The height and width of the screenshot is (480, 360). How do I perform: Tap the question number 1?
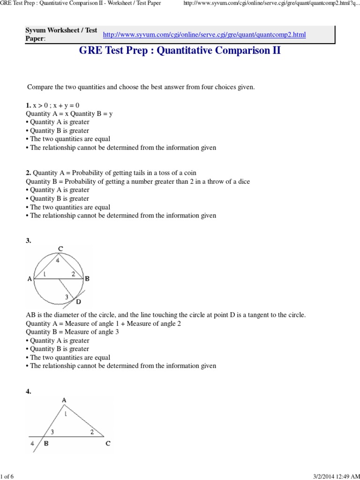click(x=29, y=105)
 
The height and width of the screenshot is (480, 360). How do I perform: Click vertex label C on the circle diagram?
click(x=60, y=249)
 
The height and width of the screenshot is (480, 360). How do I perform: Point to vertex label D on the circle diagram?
click(x=78, y=302)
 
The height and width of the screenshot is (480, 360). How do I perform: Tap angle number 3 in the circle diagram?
click(x=67, y=296)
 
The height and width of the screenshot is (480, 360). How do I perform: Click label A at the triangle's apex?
click(x=63, y=399)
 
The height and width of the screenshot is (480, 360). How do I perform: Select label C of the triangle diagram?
click(x=108, y=443)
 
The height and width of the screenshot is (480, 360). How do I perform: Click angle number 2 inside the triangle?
click(x=92, y=432)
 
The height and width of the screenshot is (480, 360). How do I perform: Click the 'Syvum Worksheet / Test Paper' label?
click(x=61, y=34)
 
